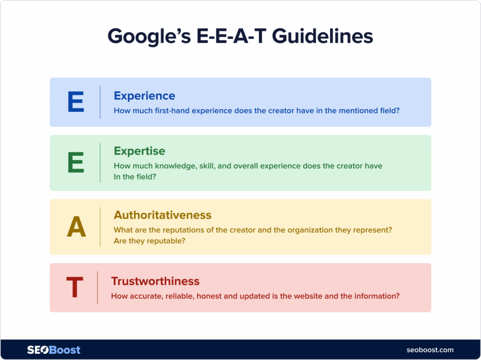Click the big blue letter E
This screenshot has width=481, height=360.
point(76,102)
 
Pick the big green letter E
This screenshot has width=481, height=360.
point(76,163)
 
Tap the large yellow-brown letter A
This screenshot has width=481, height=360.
point(76,227)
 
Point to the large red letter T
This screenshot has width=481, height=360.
point(75,288)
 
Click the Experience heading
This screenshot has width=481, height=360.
point(144,96)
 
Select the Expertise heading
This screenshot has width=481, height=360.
point(140,151)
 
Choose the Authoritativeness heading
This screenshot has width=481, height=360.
point(163,215)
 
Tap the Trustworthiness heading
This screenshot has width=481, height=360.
point(155,281)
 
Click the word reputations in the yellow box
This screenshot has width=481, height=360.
point(180,231)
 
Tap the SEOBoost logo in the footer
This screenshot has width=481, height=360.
point(54,350)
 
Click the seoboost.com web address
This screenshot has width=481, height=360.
point(430,350)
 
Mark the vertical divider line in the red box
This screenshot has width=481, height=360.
point(97,288)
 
